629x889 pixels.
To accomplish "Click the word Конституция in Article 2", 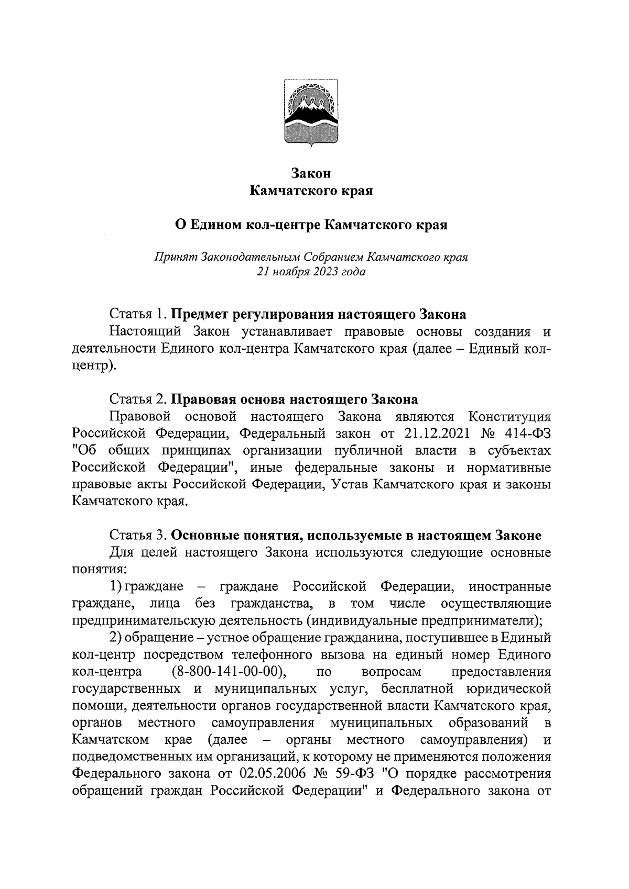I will (x=509, y=417).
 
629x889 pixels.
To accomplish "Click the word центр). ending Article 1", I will (x=93, y=366).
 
